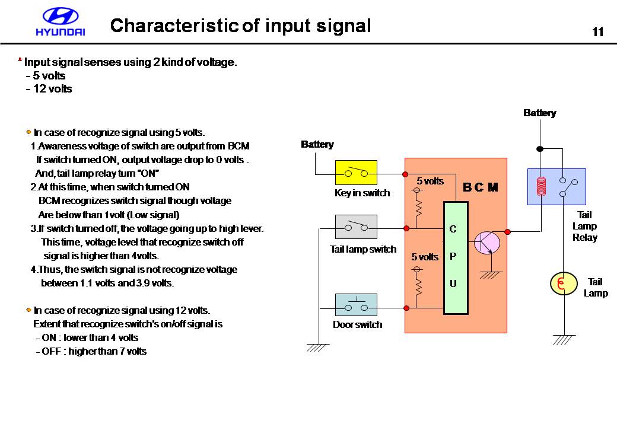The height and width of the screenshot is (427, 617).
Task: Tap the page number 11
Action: [x=597, y=32]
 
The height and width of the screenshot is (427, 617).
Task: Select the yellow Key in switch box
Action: [x=356, y=173]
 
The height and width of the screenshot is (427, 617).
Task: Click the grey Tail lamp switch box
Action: [x=356, y=227]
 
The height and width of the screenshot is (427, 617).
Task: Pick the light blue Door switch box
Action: [x=356, y=305]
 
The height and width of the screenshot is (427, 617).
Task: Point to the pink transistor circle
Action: [x=487, y=242]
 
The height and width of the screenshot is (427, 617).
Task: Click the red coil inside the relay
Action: [x=540, y=186]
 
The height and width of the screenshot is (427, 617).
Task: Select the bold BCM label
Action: [x=480, y=187]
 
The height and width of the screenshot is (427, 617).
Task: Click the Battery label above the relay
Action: [x=539, y=113]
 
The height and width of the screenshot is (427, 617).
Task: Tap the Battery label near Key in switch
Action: [x=317, y=144]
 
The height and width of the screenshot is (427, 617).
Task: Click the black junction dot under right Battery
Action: [x=540, y=148]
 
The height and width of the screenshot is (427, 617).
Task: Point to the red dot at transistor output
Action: [x=507, y=231]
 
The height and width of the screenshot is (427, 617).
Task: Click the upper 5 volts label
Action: [x=430, y=181]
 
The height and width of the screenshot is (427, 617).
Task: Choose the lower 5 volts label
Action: [x=425, y=257]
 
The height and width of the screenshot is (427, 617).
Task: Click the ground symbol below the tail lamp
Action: [x=564, y=339]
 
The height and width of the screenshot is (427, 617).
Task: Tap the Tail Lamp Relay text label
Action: [x=584, y=226]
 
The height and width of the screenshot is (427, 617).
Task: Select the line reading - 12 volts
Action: [x=49, y=89]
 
